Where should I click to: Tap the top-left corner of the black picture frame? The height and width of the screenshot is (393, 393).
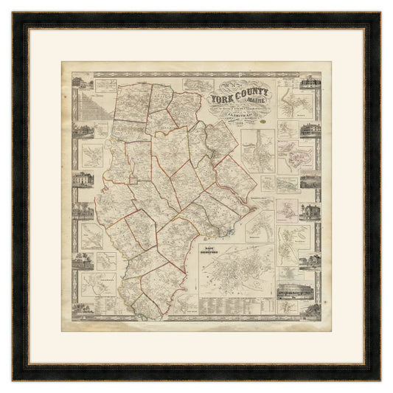[14, 14]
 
